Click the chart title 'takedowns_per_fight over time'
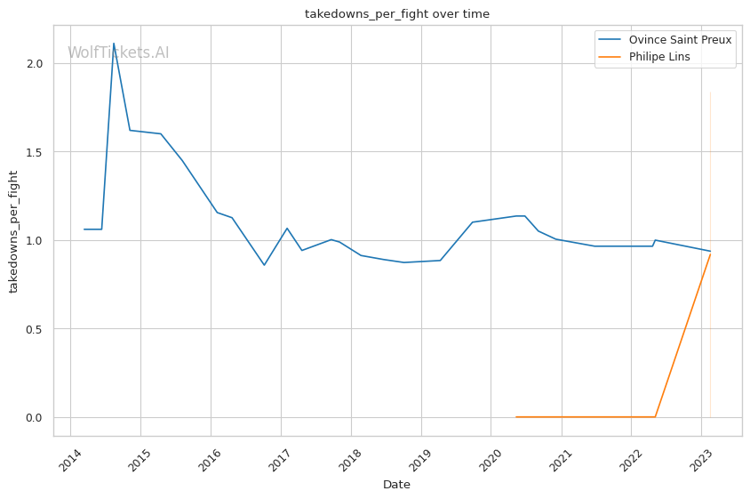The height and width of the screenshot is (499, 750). click(396, 14)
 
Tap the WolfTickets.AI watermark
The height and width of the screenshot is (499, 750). click(118, 52)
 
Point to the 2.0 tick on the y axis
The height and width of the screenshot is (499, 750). click(35, 64)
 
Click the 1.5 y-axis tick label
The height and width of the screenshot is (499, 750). click(35, 152)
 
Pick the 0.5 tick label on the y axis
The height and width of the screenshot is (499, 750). click(35, 329)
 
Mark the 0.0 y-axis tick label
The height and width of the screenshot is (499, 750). click(35, 417)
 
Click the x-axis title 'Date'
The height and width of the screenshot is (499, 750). click(396, 485)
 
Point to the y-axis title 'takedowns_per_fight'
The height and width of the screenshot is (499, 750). click(14, 230)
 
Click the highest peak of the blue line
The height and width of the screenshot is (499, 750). click(114, 43)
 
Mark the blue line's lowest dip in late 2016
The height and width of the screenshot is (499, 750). click(264, 265)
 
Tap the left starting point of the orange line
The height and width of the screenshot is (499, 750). click(516, 416)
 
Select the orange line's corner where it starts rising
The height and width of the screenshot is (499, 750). click(655, 416)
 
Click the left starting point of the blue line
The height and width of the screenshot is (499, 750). click(84, 229)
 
